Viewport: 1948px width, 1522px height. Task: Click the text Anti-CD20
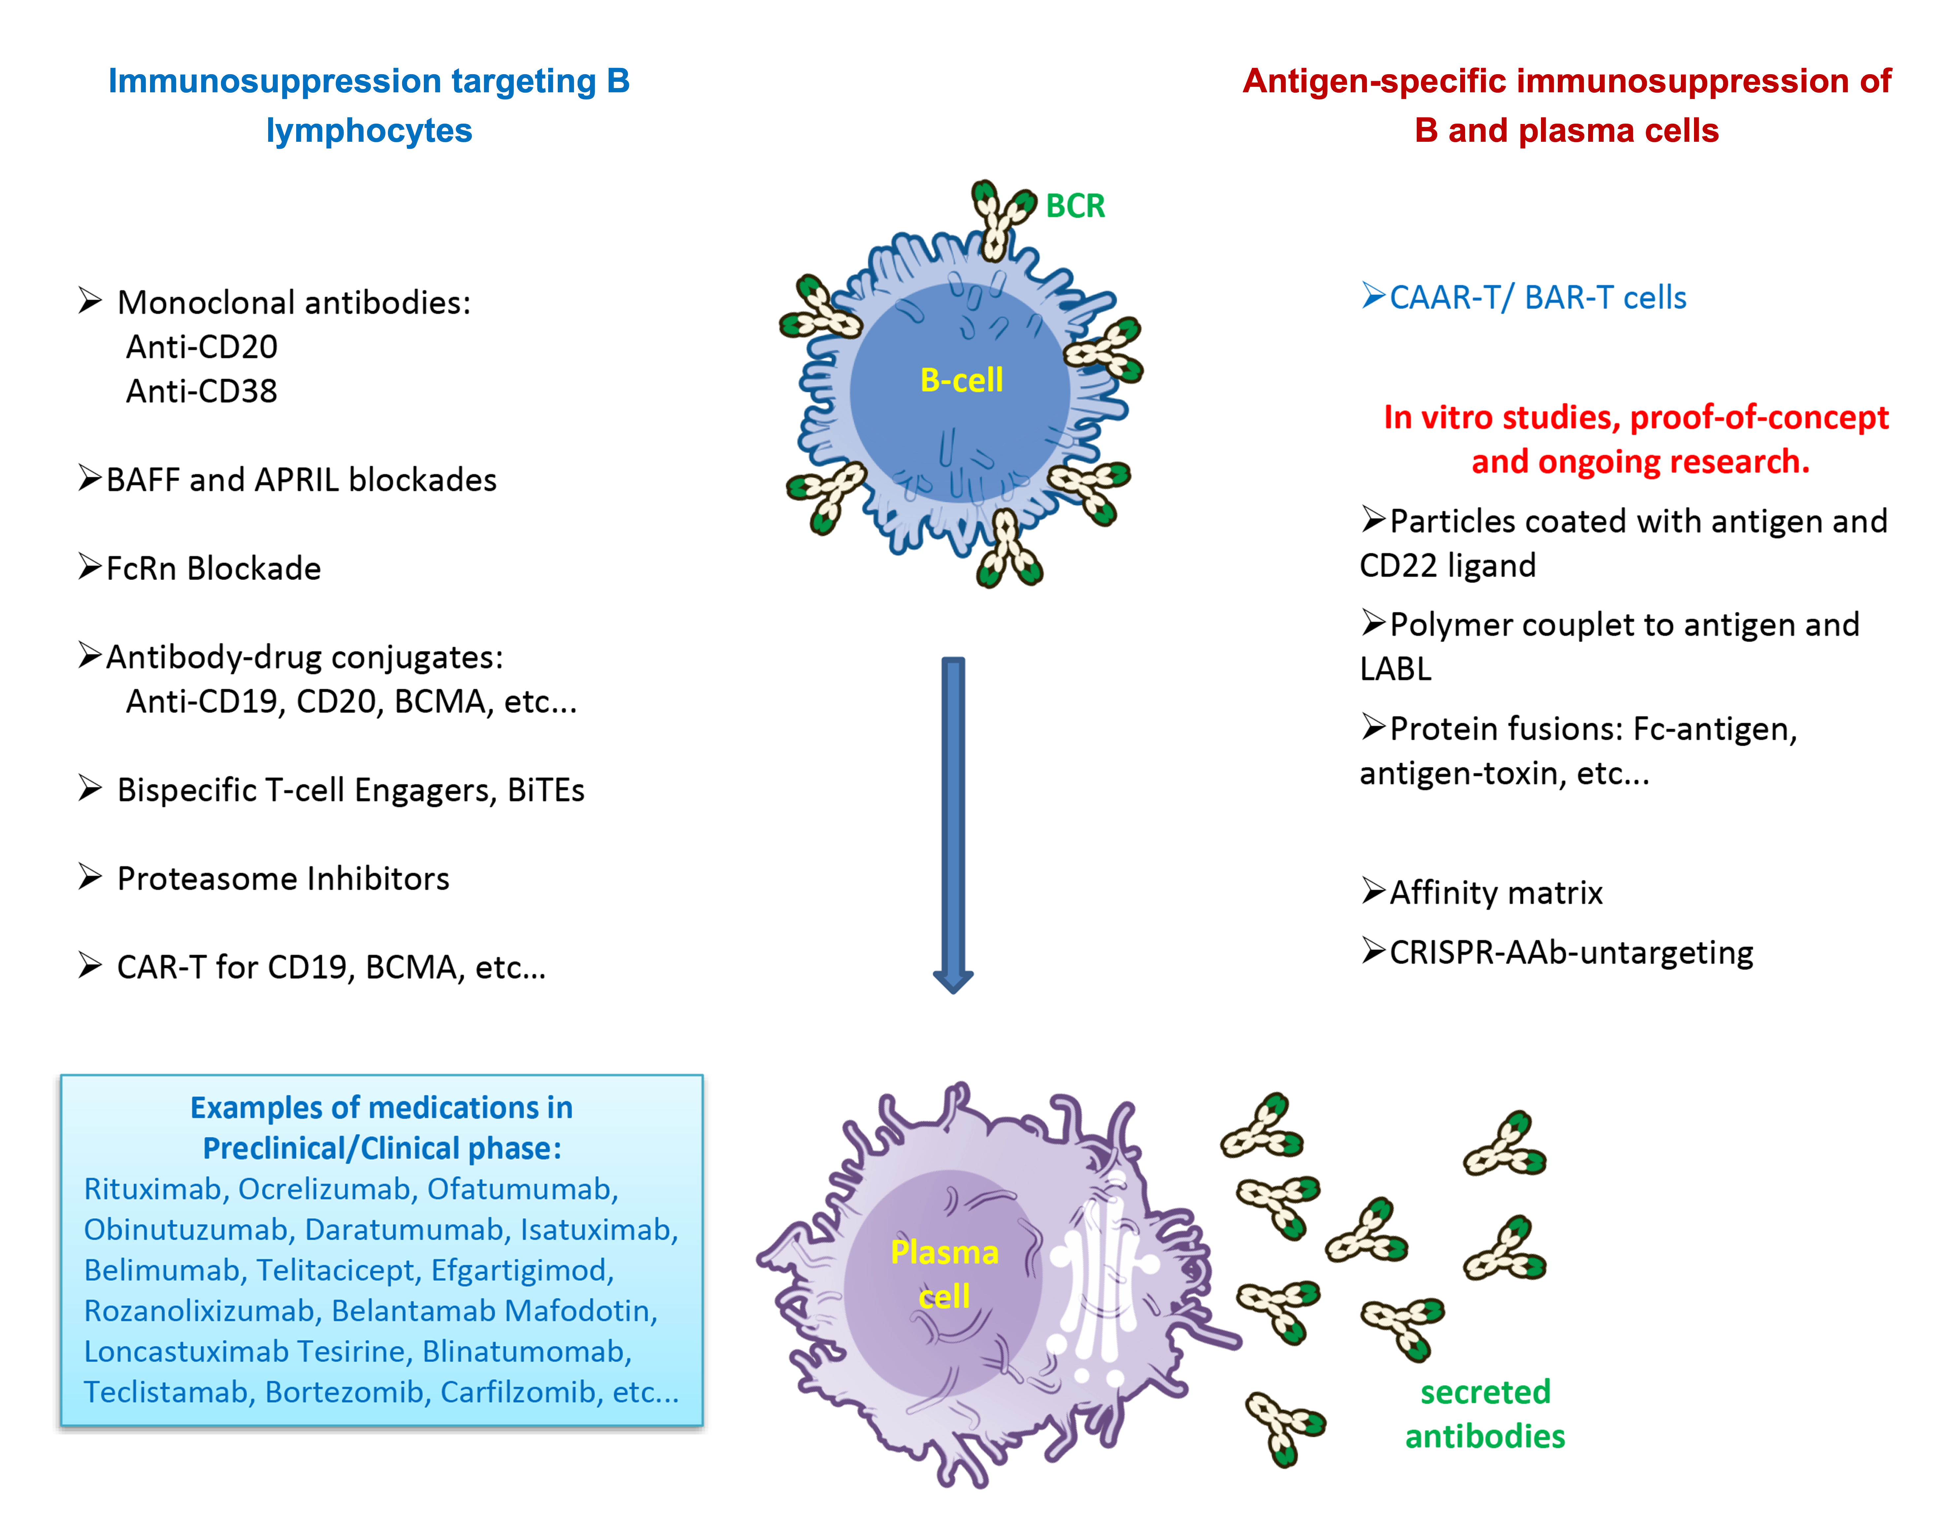pos(202,347)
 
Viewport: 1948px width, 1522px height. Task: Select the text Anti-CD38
pos(202,391)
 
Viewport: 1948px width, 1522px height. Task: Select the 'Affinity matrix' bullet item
pos(1496,893)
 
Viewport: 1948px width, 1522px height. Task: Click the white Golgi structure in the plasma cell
pos(1099,1275)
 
